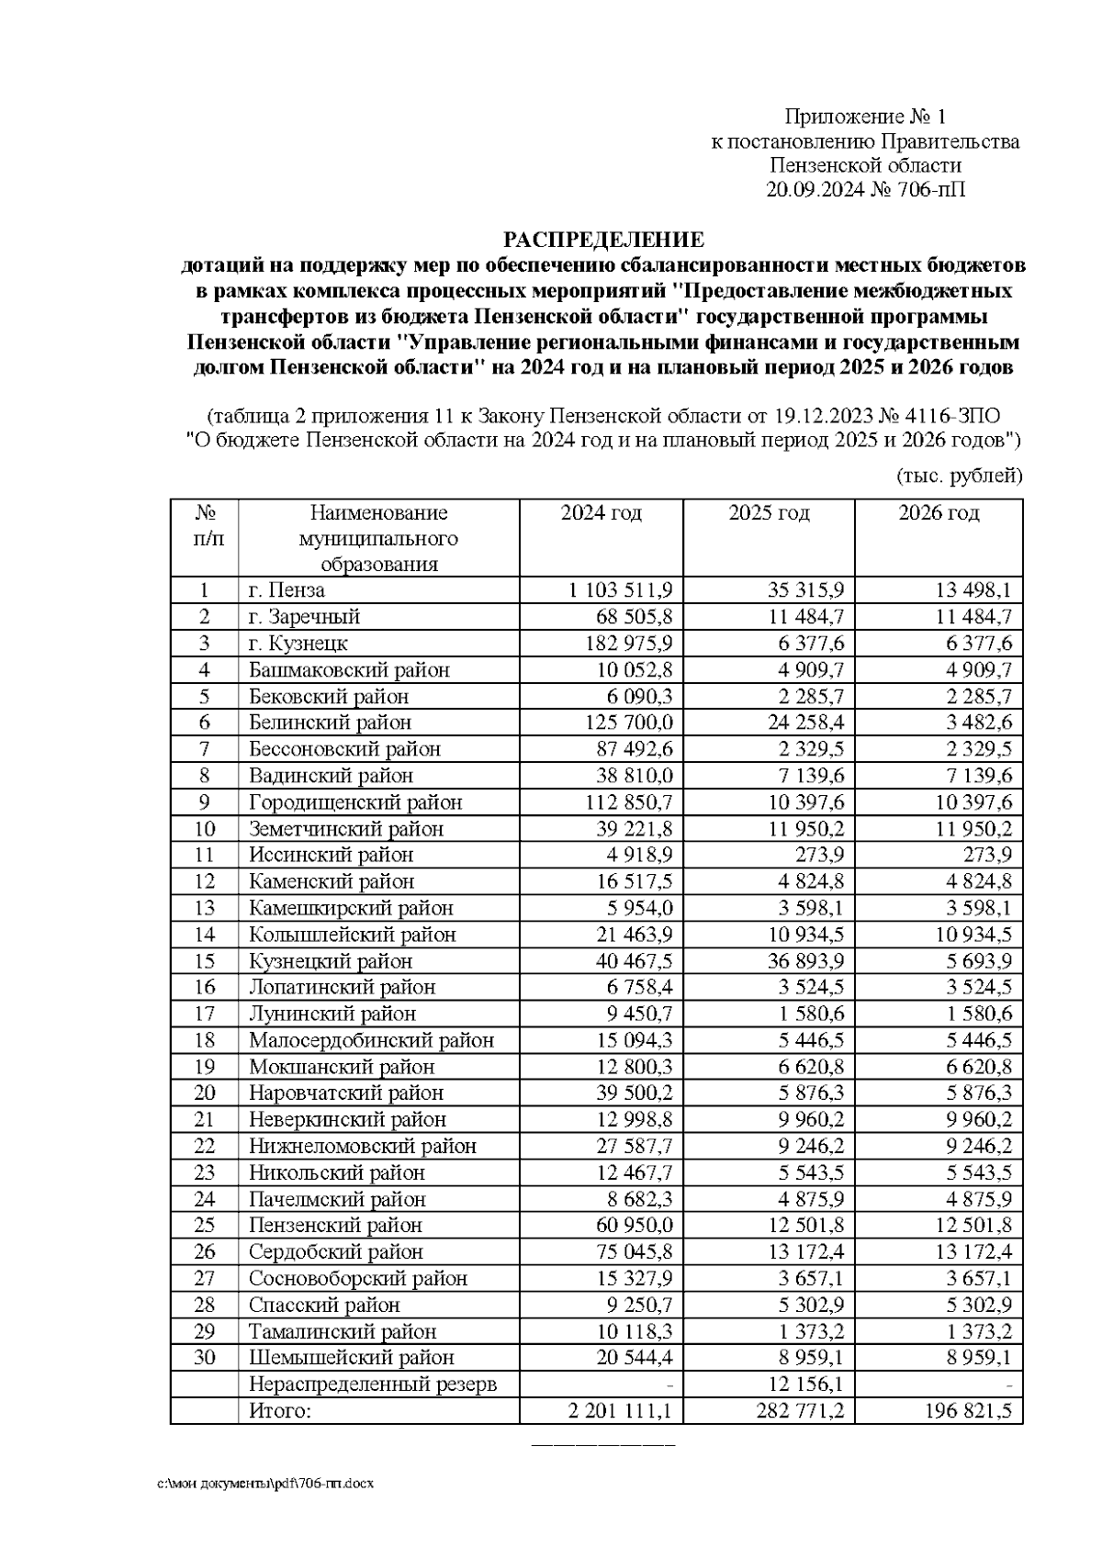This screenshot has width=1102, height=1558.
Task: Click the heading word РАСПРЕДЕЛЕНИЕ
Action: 602,241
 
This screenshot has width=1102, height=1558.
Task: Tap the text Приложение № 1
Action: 864,117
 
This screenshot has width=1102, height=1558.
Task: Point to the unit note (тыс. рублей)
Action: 958,476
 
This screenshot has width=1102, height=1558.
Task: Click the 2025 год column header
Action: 769,513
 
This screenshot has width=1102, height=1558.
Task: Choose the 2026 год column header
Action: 938,513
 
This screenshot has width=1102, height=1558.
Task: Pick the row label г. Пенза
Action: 287,590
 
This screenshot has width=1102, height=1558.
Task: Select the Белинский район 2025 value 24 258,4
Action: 805,723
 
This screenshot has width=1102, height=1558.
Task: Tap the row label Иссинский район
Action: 331,855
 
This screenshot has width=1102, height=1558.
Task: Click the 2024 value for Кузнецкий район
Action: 634,961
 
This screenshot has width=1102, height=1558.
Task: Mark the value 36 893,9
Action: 805,961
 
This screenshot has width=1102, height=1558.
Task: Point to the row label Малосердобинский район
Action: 371,1040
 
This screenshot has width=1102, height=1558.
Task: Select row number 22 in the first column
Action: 204,1146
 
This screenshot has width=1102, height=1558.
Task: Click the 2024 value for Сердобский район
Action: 634,1251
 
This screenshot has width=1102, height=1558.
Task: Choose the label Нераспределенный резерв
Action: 372,1384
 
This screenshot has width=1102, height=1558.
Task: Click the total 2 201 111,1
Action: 620,1410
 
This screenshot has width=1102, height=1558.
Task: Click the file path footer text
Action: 267,1484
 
